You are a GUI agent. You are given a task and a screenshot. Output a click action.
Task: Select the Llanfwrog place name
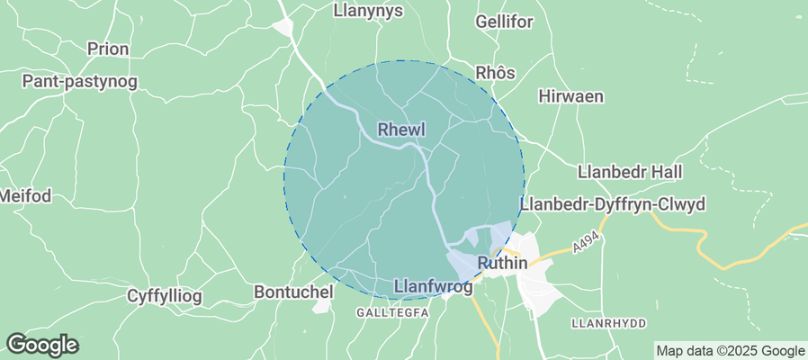[x=434, y=287]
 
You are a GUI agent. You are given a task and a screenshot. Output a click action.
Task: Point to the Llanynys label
[x=368, y=11]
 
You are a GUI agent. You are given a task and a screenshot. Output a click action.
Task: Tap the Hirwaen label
[x=570, y=96]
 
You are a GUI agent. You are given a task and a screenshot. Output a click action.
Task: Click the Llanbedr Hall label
[x=631, y=171]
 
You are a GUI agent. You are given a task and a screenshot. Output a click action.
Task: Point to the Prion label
[x=108, y=49]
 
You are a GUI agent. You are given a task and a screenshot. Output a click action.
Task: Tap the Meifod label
[x=23, y=195]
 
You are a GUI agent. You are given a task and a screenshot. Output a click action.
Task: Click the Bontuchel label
[x=294, y=292]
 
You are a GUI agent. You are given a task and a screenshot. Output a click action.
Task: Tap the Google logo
[x=41, y=344]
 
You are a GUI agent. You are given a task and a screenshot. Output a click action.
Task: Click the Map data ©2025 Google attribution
[x=730, y=351]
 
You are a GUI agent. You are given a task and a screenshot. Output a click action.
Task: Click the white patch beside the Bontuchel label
[x=322, y=306]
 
